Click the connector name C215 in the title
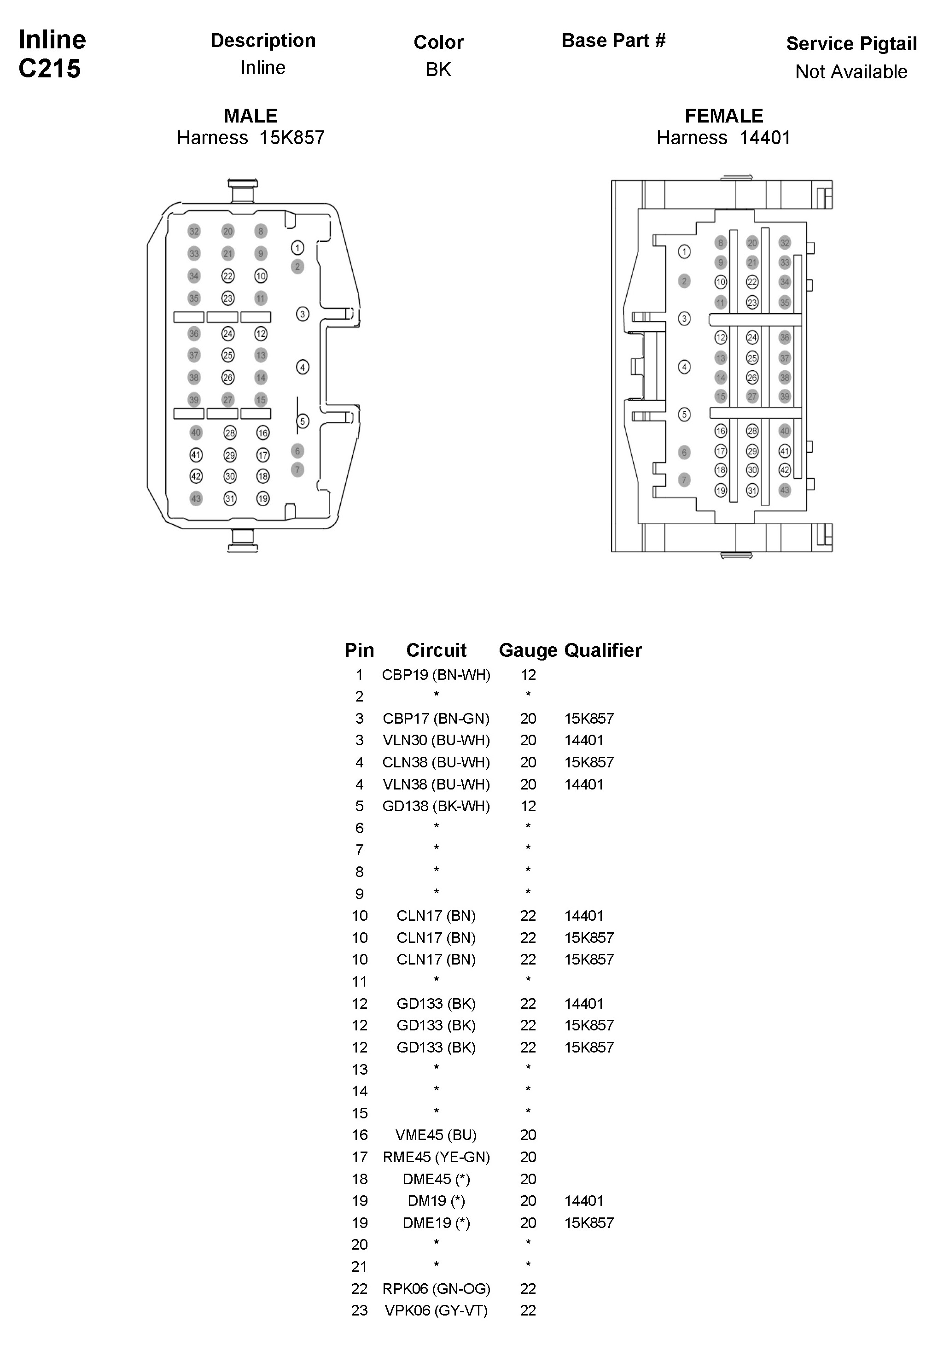[50, 69]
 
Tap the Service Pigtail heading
[851, 44]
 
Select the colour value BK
[438, 70]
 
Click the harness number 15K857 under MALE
[291, 138]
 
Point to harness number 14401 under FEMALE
[764, 138]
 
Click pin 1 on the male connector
[297, 248]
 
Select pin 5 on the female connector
[684, 415]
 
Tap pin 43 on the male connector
[196, 499]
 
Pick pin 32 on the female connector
[785, 243]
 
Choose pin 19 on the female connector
[721, 491]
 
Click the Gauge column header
[527, 650]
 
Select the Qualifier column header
[603, 650]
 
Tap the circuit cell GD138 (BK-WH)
[436, 807]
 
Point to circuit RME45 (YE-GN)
[436, 1157]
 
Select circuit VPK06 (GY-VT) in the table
[436, 1310]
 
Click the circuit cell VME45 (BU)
[436, 1135]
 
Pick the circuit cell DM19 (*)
[436, 1201]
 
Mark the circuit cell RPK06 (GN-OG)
[436, 1288]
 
